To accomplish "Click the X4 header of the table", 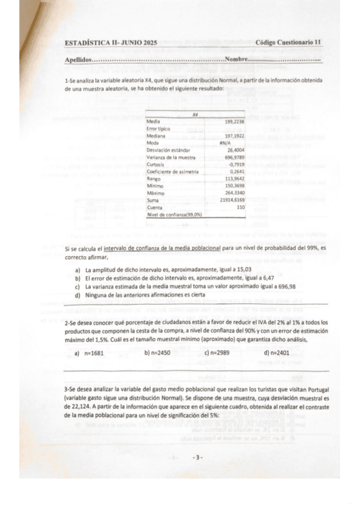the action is [195, 115].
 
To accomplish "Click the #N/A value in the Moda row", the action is [225, 142].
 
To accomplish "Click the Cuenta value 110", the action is [239, 207].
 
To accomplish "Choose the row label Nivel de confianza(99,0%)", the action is [174, 214].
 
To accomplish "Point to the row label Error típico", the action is [159, 129].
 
